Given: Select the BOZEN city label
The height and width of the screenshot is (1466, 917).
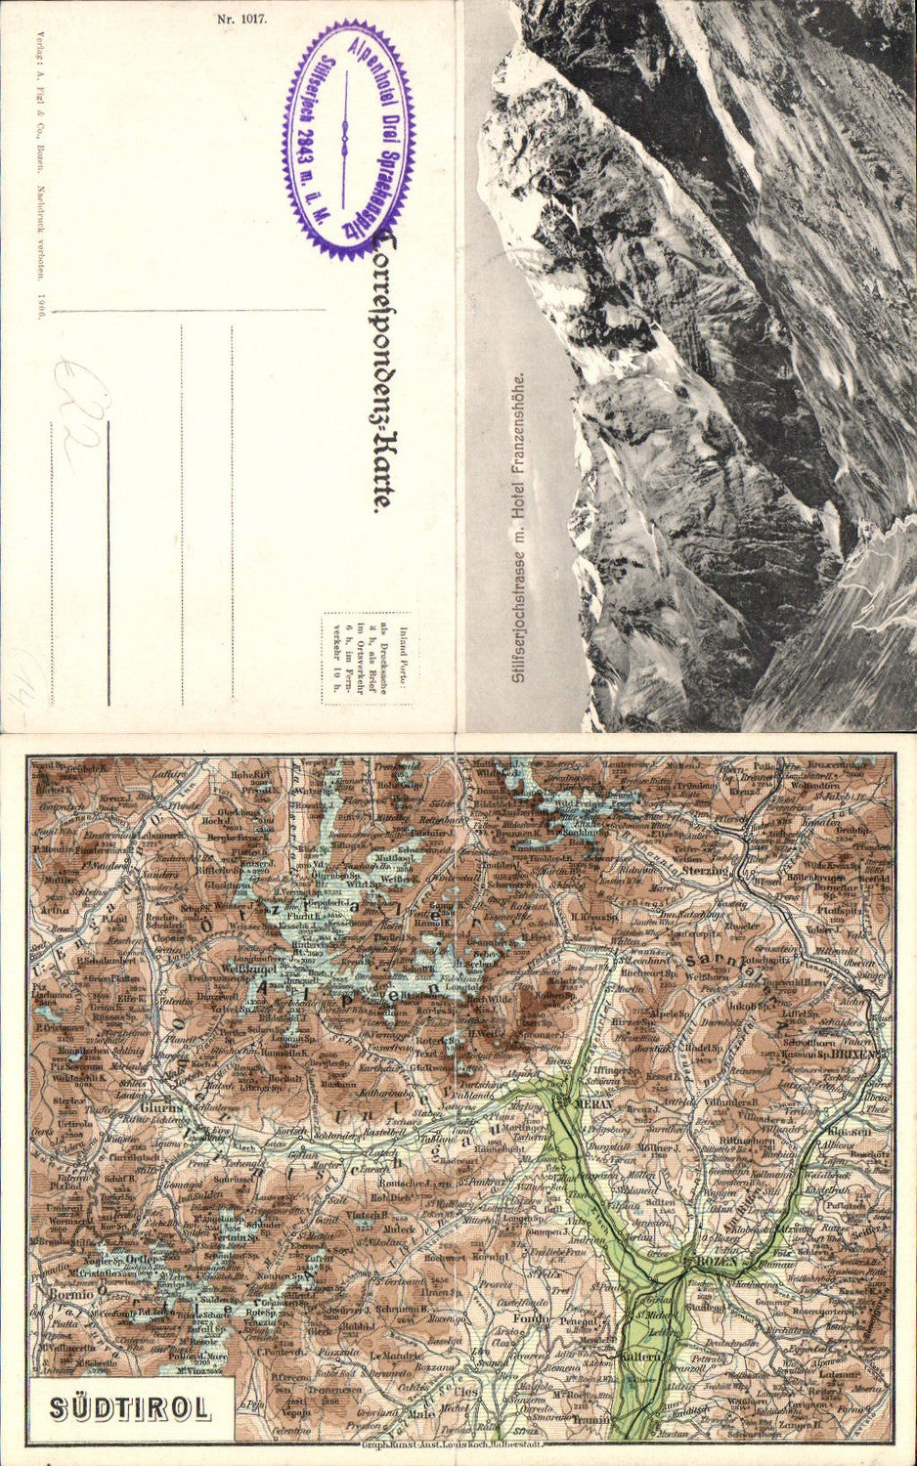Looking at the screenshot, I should click(720, 1262).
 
